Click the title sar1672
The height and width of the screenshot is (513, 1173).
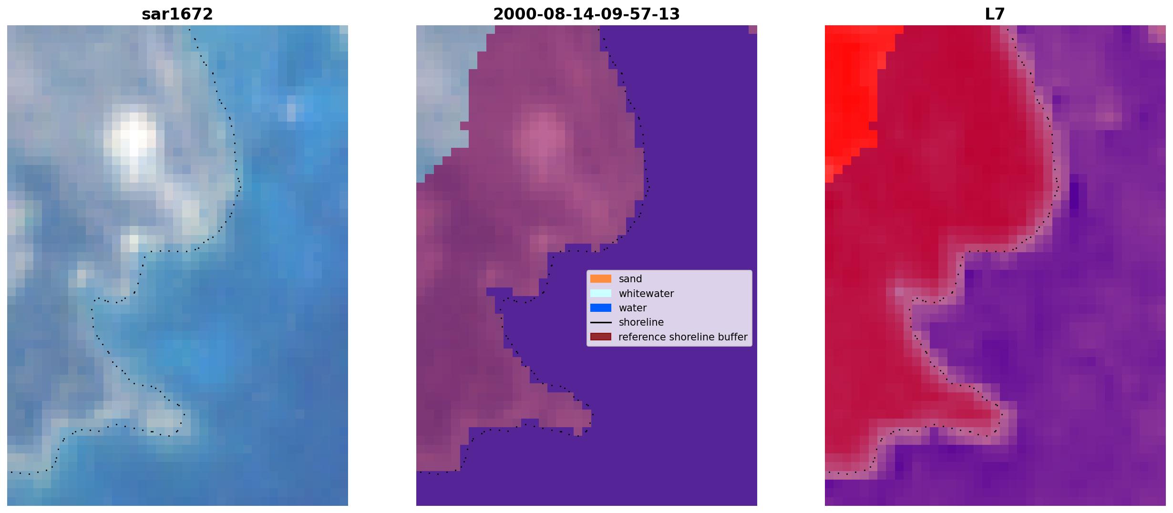177,14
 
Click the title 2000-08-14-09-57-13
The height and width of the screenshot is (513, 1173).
586,14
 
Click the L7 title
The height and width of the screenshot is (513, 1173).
995,14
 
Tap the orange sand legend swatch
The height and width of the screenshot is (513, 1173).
601,279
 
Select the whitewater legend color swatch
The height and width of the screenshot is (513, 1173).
601,293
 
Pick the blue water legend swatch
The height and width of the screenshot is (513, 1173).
601,308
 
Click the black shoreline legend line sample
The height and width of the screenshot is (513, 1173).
601,322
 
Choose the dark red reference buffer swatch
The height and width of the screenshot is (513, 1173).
601,337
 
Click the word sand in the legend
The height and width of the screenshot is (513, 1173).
630,279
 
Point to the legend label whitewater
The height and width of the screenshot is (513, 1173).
646,294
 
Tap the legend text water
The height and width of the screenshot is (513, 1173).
633,308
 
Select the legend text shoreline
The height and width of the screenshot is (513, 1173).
641,322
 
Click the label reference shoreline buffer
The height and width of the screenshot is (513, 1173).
683,337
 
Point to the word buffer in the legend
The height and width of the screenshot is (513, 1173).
732,337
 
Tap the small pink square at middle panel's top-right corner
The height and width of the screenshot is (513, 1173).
753,30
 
